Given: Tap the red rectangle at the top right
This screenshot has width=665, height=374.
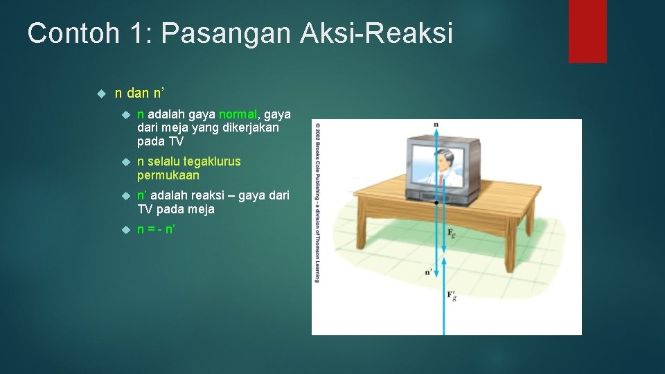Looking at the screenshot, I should tap(587, 31).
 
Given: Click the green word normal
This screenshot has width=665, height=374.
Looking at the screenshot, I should tap(238, 114).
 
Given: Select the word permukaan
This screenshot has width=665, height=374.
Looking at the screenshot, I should tap(168, 175).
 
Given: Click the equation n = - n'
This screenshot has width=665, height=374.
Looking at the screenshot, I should tap(156, 229).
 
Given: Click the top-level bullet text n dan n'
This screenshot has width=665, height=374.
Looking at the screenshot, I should tap(139, 93).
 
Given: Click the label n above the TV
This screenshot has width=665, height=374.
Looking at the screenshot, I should tap(436, 125).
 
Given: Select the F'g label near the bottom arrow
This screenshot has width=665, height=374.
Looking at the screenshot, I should tap(452, 296).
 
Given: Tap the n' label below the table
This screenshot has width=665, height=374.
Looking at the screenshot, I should tap(429, 272).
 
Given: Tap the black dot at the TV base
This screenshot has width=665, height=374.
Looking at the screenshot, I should tap(436, 203).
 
